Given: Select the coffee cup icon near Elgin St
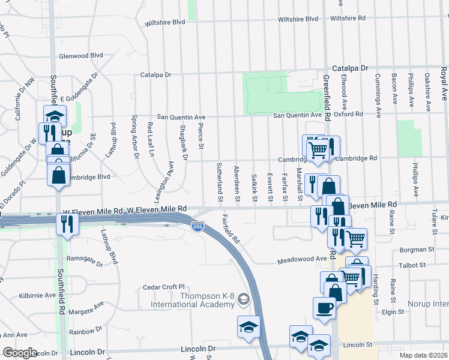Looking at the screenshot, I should (324, 308).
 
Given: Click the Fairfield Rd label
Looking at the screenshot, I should (231, 229).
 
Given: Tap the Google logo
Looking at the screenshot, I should (19, 353).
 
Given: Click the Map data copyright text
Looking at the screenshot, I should (424, 355).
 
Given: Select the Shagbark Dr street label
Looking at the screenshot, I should (185, 143).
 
